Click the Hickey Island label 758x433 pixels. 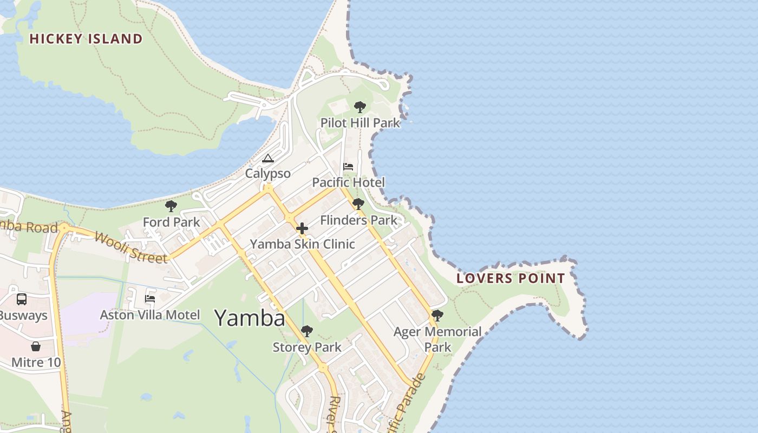[86, 39]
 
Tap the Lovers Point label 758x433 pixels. [511, 279]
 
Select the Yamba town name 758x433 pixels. [250, 318]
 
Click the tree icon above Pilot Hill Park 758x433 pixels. [360, 107]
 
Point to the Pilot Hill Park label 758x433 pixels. [360, 123]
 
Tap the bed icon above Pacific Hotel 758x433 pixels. [348, 167]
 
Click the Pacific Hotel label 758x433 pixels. [348, 182]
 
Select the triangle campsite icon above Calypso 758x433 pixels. [267, 159]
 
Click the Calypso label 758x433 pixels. [267, 174]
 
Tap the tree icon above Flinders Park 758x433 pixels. [358, 204]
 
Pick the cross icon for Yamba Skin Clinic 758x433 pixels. [302, 228]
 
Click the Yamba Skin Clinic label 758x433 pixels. [302, 244]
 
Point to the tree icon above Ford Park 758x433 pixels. [171, 206]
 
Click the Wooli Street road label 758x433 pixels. [130, 247]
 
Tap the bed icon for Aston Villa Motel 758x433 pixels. [150, 299]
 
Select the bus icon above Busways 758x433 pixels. [22, 299]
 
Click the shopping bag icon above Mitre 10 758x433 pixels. [36, 346]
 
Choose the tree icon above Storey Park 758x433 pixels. [307, 331]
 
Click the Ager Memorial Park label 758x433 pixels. [437, 339]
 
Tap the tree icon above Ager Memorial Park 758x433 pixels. [437, 316]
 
